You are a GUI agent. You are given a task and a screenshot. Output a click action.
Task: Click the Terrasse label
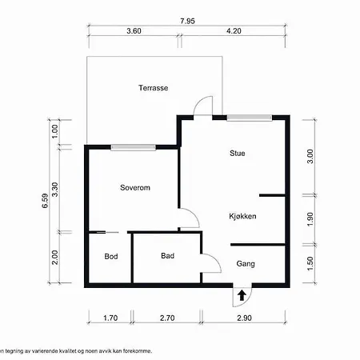[154, 88]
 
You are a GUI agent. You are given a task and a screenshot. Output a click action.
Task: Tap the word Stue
[238, 153]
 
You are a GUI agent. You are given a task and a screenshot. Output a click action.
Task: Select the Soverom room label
[135, 187]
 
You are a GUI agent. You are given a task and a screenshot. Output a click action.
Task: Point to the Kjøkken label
[242, 216]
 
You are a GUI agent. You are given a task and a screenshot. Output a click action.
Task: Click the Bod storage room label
[111, 256]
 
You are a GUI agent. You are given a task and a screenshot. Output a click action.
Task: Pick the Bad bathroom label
[168, 256]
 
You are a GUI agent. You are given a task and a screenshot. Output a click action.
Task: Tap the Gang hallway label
[246, 264]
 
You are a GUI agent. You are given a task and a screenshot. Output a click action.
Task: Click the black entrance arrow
[242, 295]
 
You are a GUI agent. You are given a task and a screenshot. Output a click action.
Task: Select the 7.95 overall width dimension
[187, 21]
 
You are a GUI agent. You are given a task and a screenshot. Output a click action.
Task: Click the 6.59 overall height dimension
[46, 201]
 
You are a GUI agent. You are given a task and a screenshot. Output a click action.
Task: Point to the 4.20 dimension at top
[234, 31]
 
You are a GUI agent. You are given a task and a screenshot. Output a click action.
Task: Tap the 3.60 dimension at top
[134, 31]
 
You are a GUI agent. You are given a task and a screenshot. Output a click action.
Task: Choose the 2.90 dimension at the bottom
[244, 318]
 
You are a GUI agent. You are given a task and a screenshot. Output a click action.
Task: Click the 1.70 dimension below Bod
[110, 318]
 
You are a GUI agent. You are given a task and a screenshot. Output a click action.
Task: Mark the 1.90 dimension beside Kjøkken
[310, 219]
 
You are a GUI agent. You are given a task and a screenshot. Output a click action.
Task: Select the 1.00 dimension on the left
[54, 131]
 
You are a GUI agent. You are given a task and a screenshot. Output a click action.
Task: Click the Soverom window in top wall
[134, 147]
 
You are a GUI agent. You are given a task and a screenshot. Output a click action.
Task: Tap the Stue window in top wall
[250, 118]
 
